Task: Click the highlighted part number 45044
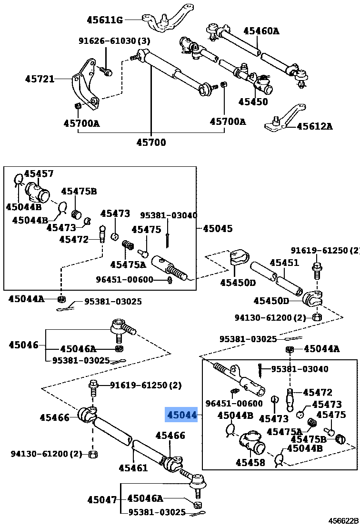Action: [181, 416]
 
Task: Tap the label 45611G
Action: [105, 20]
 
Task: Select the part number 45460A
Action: [261, 31]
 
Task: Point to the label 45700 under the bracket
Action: [151, 142]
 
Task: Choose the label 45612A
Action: [314, 126]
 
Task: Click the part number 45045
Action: [218, 228]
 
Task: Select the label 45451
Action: [284, 263]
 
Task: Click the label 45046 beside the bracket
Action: [23, 344]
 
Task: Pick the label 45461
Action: [133, 468]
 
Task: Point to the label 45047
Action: [101, 500]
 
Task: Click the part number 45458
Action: [250, 462]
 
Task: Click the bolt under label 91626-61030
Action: [107, 72]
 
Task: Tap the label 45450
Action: [253, 101]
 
